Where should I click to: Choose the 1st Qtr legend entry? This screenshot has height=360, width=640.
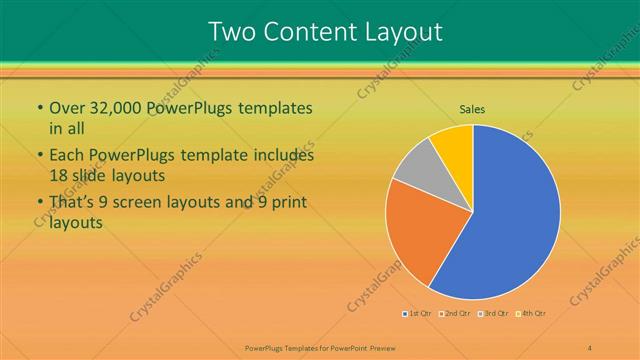tap(417, 314)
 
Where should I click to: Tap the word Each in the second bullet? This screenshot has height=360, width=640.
tap(67, 156)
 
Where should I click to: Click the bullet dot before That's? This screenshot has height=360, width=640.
tap(39, 204)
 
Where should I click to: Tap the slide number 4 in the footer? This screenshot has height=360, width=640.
tap(589, 346)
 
